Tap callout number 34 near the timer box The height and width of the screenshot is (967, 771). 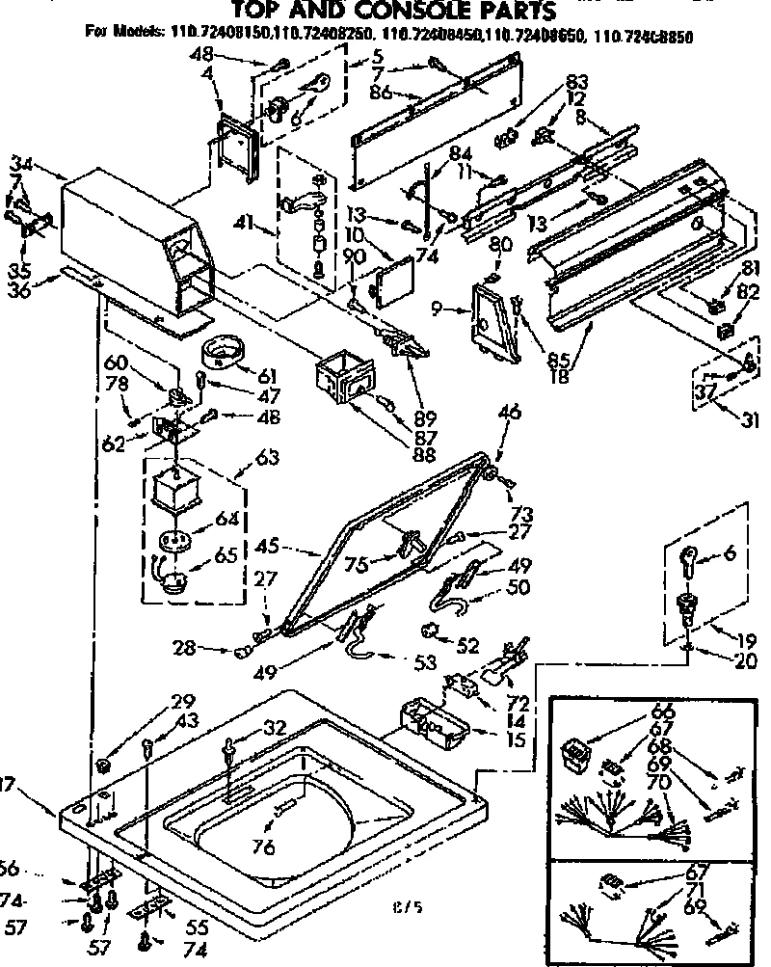pos(21,165)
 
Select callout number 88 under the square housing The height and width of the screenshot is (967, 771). pos(420,453)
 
